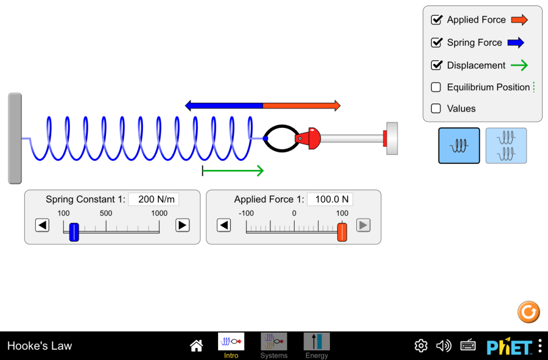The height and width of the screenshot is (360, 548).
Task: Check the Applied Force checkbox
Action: [436, 19]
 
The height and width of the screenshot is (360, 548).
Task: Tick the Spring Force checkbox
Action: [436, 43]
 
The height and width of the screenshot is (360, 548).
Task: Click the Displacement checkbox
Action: [436, 65]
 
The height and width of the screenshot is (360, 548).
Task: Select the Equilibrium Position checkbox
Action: [436, 87]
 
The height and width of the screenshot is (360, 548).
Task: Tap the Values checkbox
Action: [436, 108]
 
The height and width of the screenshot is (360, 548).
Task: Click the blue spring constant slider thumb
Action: [74, 231]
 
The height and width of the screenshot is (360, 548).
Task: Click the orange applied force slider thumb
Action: [342, 231]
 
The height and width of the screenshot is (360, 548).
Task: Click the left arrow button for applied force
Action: [224, 225]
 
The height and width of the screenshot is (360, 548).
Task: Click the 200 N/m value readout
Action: [153, 199]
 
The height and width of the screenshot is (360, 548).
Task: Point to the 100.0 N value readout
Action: [330, 199]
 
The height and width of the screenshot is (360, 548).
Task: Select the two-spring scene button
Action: [506, 146]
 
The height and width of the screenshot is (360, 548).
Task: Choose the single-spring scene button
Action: [459, 146]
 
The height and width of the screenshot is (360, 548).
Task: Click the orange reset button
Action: [529, 312]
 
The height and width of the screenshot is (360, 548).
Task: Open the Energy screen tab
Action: [317, 345]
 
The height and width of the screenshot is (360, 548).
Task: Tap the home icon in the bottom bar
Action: [196, 346]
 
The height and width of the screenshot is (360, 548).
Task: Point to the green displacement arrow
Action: [233, 171]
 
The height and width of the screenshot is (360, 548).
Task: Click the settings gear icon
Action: [421, 346]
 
